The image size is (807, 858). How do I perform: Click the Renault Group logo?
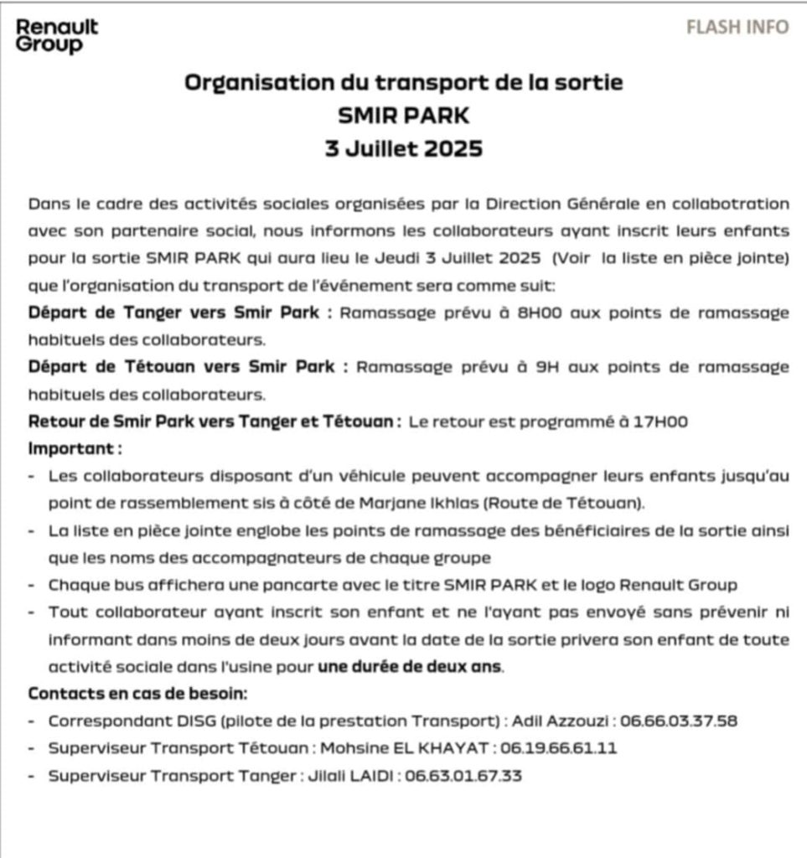click(57, 36)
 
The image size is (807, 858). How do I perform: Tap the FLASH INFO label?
click(737, 27)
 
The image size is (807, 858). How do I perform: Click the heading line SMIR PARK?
click(403, 115)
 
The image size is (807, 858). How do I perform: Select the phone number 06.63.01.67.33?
click(463, 776)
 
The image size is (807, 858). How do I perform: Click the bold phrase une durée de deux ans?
click(410, 667)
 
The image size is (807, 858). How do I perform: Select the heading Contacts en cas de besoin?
click(137, 694)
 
